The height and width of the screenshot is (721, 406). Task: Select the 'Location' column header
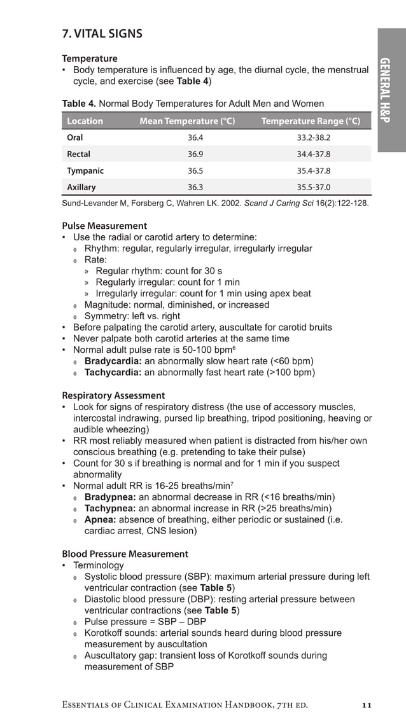point(85,121)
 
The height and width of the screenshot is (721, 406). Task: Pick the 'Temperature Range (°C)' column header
point(311,121)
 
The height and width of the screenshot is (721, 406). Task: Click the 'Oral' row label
point(75,137)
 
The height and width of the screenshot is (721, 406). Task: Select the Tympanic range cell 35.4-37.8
point(314,171)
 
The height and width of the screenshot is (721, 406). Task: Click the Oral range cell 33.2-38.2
point(314,137)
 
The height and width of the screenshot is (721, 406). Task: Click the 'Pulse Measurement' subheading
point(104,226)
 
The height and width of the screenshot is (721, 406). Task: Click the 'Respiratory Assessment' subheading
point(113,395)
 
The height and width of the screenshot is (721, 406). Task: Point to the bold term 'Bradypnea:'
point(110,497)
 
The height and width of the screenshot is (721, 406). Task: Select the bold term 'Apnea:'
point(99,519)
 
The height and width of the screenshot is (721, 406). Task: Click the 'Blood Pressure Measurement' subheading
point(125,554)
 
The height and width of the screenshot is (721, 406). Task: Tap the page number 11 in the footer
point(366,704)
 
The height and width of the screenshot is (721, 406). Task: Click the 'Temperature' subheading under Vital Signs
point(90,58)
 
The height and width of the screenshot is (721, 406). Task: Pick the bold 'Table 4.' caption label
point(79,104)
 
